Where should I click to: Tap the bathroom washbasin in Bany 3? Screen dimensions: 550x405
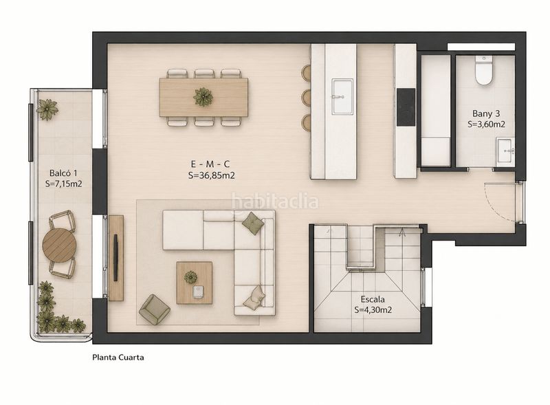(505, 151)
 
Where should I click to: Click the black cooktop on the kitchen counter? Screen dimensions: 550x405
(406, 107)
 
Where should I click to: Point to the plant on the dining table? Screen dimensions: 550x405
(203, 96)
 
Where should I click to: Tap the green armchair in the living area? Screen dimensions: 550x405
(154, 309)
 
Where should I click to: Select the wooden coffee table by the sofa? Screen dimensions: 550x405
(195, 283)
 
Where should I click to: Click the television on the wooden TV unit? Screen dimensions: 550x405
(115, 258)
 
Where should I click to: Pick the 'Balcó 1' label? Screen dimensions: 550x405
(63, 173)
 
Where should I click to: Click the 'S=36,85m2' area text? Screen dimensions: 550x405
(212, 175)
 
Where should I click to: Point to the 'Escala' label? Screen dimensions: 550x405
(373, 299)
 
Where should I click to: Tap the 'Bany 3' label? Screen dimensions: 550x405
(486, 113)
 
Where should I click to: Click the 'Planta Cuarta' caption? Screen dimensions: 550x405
(118, 358)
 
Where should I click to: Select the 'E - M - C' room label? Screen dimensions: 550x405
(210, 164)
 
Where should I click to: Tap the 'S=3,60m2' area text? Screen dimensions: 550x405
(486, 124)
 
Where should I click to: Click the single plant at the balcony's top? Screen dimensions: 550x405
(47, 109)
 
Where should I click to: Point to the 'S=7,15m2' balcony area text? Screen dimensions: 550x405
(63, 184)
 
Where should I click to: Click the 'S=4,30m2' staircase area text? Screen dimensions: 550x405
(373, 310)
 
